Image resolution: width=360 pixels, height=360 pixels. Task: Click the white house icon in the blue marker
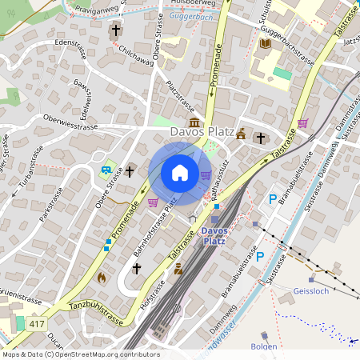pyautogui.click(x=180, y=173)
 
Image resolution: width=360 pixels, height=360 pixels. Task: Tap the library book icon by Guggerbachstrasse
pyautogui.click(x=266, y=42)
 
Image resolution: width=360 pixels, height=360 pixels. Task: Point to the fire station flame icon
pyautogui.click(x=101, y=277)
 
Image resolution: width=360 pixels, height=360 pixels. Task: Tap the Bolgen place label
pyautogui.click(x=263, y=346)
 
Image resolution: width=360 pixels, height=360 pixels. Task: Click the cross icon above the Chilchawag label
pyautogui.click(x=115, y=31)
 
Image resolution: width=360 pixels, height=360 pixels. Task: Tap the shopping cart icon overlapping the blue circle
pyautogui.click(x=206, y=175)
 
